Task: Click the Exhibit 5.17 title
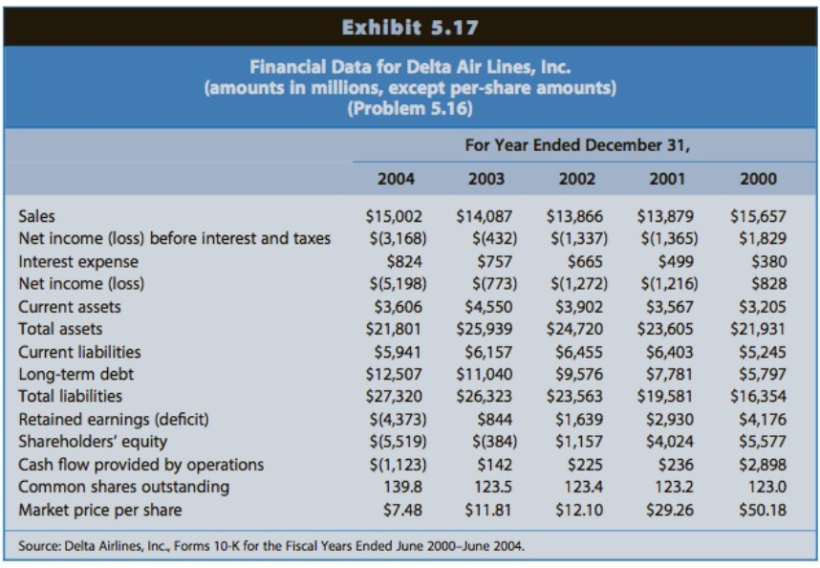click(x=410, y=27)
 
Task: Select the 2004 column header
click(x=396, y=179)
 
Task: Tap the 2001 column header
click(x=667, y=179)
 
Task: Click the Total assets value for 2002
click(x=576, y=329)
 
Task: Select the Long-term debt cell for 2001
click(x=667, y=374)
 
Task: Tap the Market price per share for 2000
click(x=762, y=510)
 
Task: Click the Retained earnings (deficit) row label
click(x=114, y=419)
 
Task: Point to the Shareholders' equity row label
click(x=93, y=442)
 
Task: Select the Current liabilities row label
click(x=79, y=352)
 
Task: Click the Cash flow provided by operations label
click(x=141, y=465)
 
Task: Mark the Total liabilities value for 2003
click(x=486, y=397)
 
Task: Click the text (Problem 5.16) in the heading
click(x=410, y=107)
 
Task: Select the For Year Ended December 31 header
click(x=577, y=145)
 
